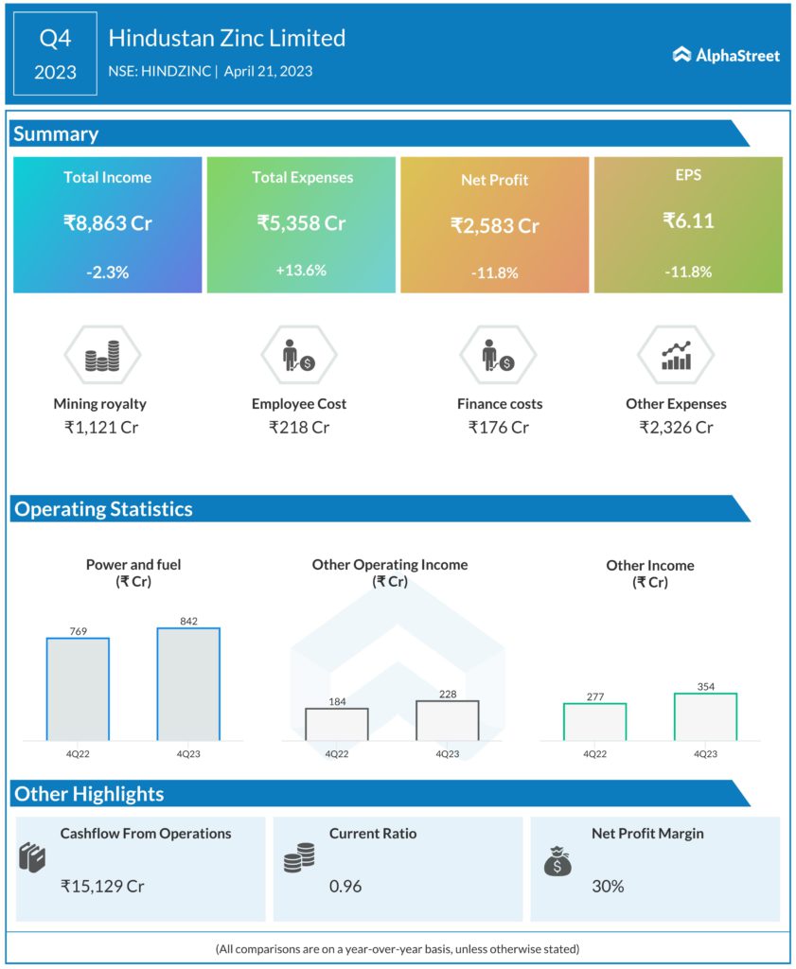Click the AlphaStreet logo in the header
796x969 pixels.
click(726, 55)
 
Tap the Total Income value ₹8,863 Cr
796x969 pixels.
click(107, 223)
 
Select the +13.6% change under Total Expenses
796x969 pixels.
click(301, 270)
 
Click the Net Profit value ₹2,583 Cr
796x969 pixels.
click(494, 226)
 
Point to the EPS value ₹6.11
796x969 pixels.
click(688, 221)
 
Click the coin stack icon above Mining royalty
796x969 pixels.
click(101, 357)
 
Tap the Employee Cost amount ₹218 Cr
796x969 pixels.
click(299, 427)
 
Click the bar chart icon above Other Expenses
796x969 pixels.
click(676, 356)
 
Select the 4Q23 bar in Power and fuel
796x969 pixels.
click(188, 683)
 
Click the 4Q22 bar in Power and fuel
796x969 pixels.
click(78, 688)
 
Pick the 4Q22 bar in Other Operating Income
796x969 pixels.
click(336, 723)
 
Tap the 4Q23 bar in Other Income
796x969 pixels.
click(705, 716)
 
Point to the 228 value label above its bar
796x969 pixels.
click(447, 693)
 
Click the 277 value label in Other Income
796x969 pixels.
click(594, 696)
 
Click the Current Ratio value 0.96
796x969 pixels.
click(345, 887)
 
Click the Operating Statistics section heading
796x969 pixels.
click(103, 508)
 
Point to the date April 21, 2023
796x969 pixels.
click(268, 71)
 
